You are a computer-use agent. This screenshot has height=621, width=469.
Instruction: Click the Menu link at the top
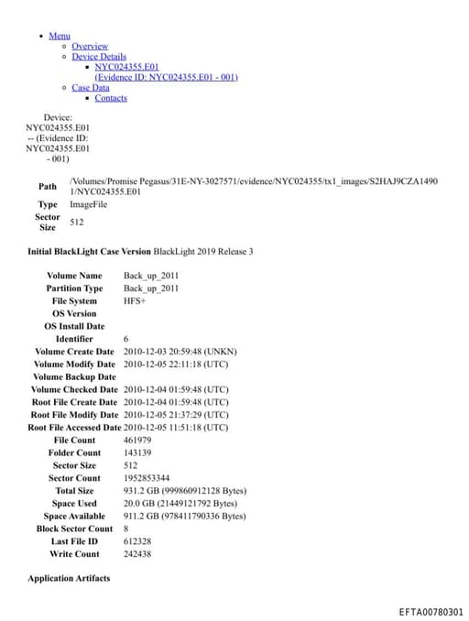coord(60,36)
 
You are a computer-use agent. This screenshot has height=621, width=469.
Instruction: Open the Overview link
coord(90,46)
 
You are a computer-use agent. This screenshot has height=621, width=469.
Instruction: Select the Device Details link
coord(99,57)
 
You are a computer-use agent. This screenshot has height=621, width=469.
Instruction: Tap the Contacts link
coord(111,98)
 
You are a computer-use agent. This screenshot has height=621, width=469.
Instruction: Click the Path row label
coord(47,186)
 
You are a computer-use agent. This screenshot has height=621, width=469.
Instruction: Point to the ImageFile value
coord(88,204)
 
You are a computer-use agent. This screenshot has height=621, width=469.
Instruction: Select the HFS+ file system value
coord(136,300)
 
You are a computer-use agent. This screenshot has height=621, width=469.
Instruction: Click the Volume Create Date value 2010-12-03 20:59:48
coord(176,351)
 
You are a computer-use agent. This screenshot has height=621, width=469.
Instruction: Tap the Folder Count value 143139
coord(137,452)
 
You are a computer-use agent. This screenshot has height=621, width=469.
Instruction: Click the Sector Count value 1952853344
coord(146,478)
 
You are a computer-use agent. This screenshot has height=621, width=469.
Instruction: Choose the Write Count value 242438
coord(137,554)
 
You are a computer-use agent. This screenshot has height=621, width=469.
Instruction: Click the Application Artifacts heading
coord(69,578)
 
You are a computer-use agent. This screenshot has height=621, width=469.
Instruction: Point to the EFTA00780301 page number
coord(431,612)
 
